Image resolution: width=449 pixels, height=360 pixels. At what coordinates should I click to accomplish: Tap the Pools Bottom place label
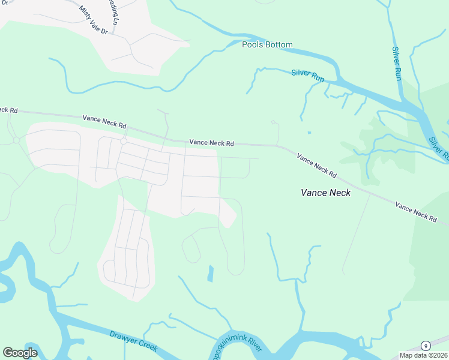[267, 45]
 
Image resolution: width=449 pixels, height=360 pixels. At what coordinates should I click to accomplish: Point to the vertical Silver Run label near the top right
[397, 64]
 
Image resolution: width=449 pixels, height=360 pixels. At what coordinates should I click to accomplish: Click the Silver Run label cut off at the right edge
[439, 148]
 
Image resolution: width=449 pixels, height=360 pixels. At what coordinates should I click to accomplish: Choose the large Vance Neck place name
[325, 193]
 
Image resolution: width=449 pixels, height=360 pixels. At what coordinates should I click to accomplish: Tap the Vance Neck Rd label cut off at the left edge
[9, 110]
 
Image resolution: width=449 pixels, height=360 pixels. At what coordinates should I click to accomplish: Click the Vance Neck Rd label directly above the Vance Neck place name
[316, 166]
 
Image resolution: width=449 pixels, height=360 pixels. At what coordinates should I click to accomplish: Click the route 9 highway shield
[426, 346]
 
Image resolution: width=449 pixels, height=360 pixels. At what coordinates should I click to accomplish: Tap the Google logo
[20, 353]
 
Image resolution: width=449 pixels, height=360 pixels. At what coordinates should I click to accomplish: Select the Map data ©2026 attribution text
[423, 355]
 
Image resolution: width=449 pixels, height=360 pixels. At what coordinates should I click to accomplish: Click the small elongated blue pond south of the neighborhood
[210, 274]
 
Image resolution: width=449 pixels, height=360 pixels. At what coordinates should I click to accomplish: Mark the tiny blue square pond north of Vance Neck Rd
[309, 133]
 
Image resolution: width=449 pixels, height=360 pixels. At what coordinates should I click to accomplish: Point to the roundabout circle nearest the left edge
[16, 140]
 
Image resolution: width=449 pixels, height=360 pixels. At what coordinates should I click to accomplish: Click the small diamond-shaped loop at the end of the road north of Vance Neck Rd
[273, 122]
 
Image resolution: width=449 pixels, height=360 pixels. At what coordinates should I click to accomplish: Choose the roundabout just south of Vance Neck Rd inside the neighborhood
[123, 142]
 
